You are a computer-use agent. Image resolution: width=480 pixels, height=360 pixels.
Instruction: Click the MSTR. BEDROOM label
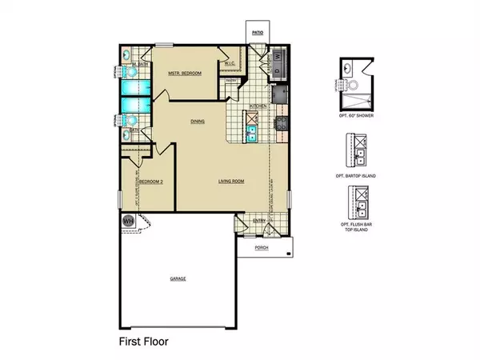coord(183,74)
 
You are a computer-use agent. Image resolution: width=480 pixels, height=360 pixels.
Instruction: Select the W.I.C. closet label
coord(229,65)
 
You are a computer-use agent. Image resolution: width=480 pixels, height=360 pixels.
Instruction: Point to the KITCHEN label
coord(258,106)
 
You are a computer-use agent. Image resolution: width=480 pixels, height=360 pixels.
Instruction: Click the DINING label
coord(197,122)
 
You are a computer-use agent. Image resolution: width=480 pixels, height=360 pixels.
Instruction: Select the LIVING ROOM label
coord(231,182)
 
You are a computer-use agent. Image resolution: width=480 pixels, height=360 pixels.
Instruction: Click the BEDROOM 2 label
coord(151,182)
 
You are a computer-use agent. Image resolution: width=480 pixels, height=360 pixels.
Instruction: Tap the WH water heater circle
coord(127,221)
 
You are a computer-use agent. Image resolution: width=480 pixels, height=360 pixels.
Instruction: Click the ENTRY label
coord(259,221)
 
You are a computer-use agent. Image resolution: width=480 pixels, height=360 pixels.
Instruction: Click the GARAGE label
coord(178,278)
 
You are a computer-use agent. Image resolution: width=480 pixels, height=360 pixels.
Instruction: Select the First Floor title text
coord(138,340)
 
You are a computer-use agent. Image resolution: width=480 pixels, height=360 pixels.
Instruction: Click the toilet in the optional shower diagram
coord(350,82)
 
